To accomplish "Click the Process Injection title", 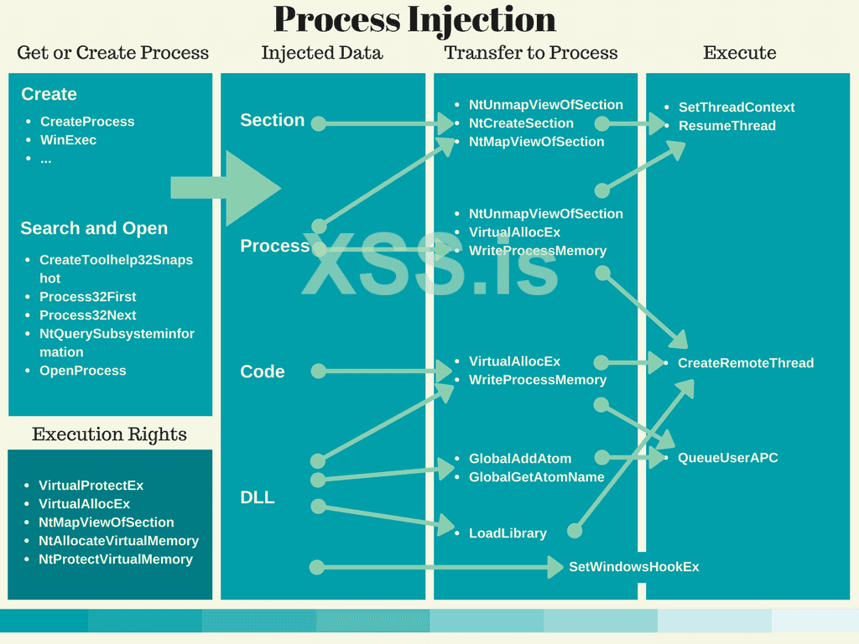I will [x=414, y=20].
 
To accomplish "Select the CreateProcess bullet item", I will [x=87, y=122].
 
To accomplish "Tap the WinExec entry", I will [x=68, y=140].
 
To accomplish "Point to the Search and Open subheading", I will [x=94, y=228].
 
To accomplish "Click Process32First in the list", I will [x=87, y=297].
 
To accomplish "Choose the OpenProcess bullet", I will [x=82, y=371].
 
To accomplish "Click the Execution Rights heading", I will [x=109, y=434].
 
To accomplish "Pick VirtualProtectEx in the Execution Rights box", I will [x=91, y=486].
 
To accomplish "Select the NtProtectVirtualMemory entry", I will [x=116, y=559].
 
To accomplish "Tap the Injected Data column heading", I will [x=322, y=53].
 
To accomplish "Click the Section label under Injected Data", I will [x=273, y=120].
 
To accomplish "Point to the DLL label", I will [x=258, y=497].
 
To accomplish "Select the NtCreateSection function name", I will [x=521, y=123].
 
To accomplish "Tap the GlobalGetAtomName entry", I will [x=537, y=477].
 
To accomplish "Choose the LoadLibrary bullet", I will [x=508, y=533].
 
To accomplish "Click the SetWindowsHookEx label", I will [x=633, y=567].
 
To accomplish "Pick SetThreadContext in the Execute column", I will [x=737, y=107].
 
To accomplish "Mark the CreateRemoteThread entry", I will [x=746, y=363].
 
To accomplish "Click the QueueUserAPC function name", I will [x=728, y=458].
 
